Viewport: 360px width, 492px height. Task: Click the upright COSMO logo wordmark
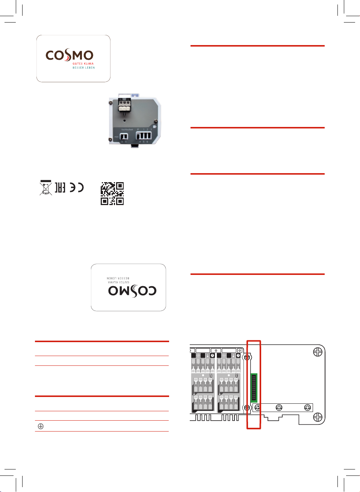70,56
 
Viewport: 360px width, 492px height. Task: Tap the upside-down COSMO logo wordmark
132,291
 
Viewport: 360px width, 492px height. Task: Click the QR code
112,193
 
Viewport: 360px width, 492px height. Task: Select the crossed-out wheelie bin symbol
46,188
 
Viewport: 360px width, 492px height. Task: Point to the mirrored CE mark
77,187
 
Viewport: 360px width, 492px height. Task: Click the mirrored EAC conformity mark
60,187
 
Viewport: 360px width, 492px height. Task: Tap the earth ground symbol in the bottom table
41,426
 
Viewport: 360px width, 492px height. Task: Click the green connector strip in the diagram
254,388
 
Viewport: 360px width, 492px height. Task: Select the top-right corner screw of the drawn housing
318,352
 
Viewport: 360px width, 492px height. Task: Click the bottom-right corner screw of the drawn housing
318,417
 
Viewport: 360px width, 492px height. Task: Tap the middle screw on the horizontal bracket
279,407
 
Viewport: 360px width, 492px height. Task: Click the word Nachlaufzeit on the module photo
127,130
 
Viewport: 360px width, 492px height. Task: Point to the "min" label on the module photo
116,137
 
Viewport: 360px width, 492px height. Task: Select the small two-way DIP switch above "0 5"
124,136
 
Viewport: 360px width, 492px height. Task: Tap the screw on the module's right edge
155,122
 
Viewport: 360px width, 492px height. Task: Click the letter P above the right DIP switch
138,130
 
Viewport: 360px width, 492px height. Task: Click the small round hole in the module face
125,121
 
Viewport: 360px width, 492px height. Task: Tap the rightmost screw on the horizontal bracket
307,407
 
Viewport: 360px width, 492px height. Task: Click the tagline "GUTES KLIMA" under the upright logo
83,64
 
